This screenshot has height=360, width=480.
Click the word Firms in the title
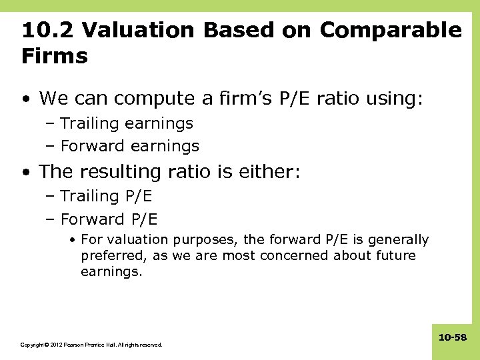click(54, 56)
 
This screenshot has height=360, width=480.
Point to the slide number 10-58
click(453, 338)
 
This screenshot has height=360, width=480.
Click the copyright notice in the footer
click(91, 345)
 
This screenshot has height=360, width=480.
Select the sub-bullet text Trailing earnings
click(127, 123)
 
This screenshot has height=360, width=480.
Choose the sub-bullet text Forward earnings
click(129, 145)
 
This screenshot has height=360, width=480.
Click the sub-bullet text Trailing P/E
click(106, 195)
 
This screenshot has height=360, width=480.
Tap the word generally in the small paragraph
click(395, 239)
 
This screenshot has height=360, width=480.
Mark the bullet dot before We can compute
click(25, 100)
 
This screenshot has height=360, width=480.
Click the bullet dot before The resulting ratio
click(25, 173)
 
